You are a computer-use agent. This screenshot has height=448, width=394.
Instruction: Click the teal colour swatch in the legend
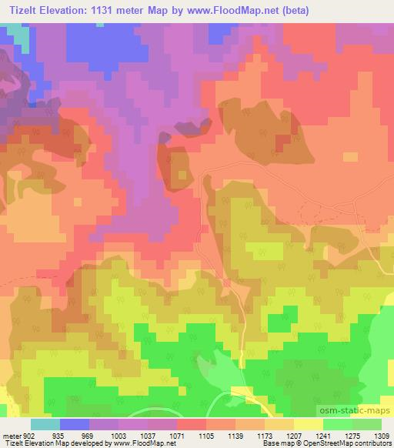(45, 425)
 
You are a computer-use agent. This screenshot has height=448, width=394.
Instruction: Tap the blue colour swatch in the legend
(75, 425)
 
